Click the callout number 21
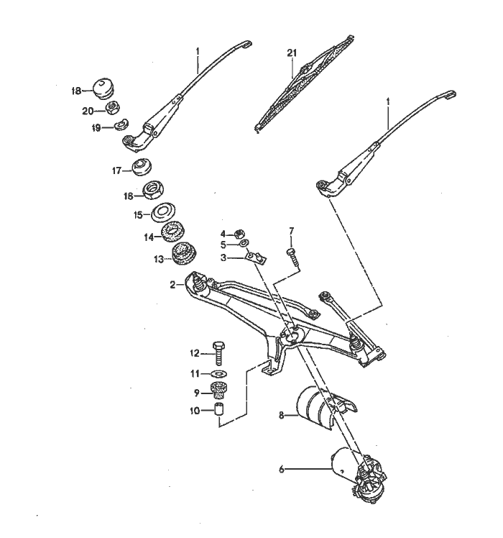pyautogui.click(x=292, y=53)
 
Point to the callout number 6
pyautogui.click(x=282, y=469)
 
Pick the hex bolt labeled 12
pyautogui.click(x=218, y=353)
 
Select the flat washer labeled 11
pyautogui.click(x=218, y=373)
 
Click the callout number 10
pyautogui.click(x=195, y=411)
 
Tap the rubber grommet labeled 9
pyautogui.click(x=218, y=391)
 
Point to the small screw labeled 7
pyautogui.click(x=292, y=257)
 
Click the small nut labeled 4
pyautogui.click(x=239, y=234)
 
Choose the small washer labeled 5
pyautogui.click(x=243, y=243)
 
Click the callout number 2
pyautogui.click(x=173, y=285)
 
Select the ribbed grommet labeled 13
pyautogui.click(x=183, y=254)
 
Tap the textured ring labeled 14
pyautogui.click(x=173, y=232)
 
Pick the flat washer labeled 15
pyautogui.click(x=164, y=212)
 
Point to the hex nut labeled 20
pyautogui.click(x=111, y=108)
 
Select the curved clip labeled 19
pyautogui.click(x=121, y=125)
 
